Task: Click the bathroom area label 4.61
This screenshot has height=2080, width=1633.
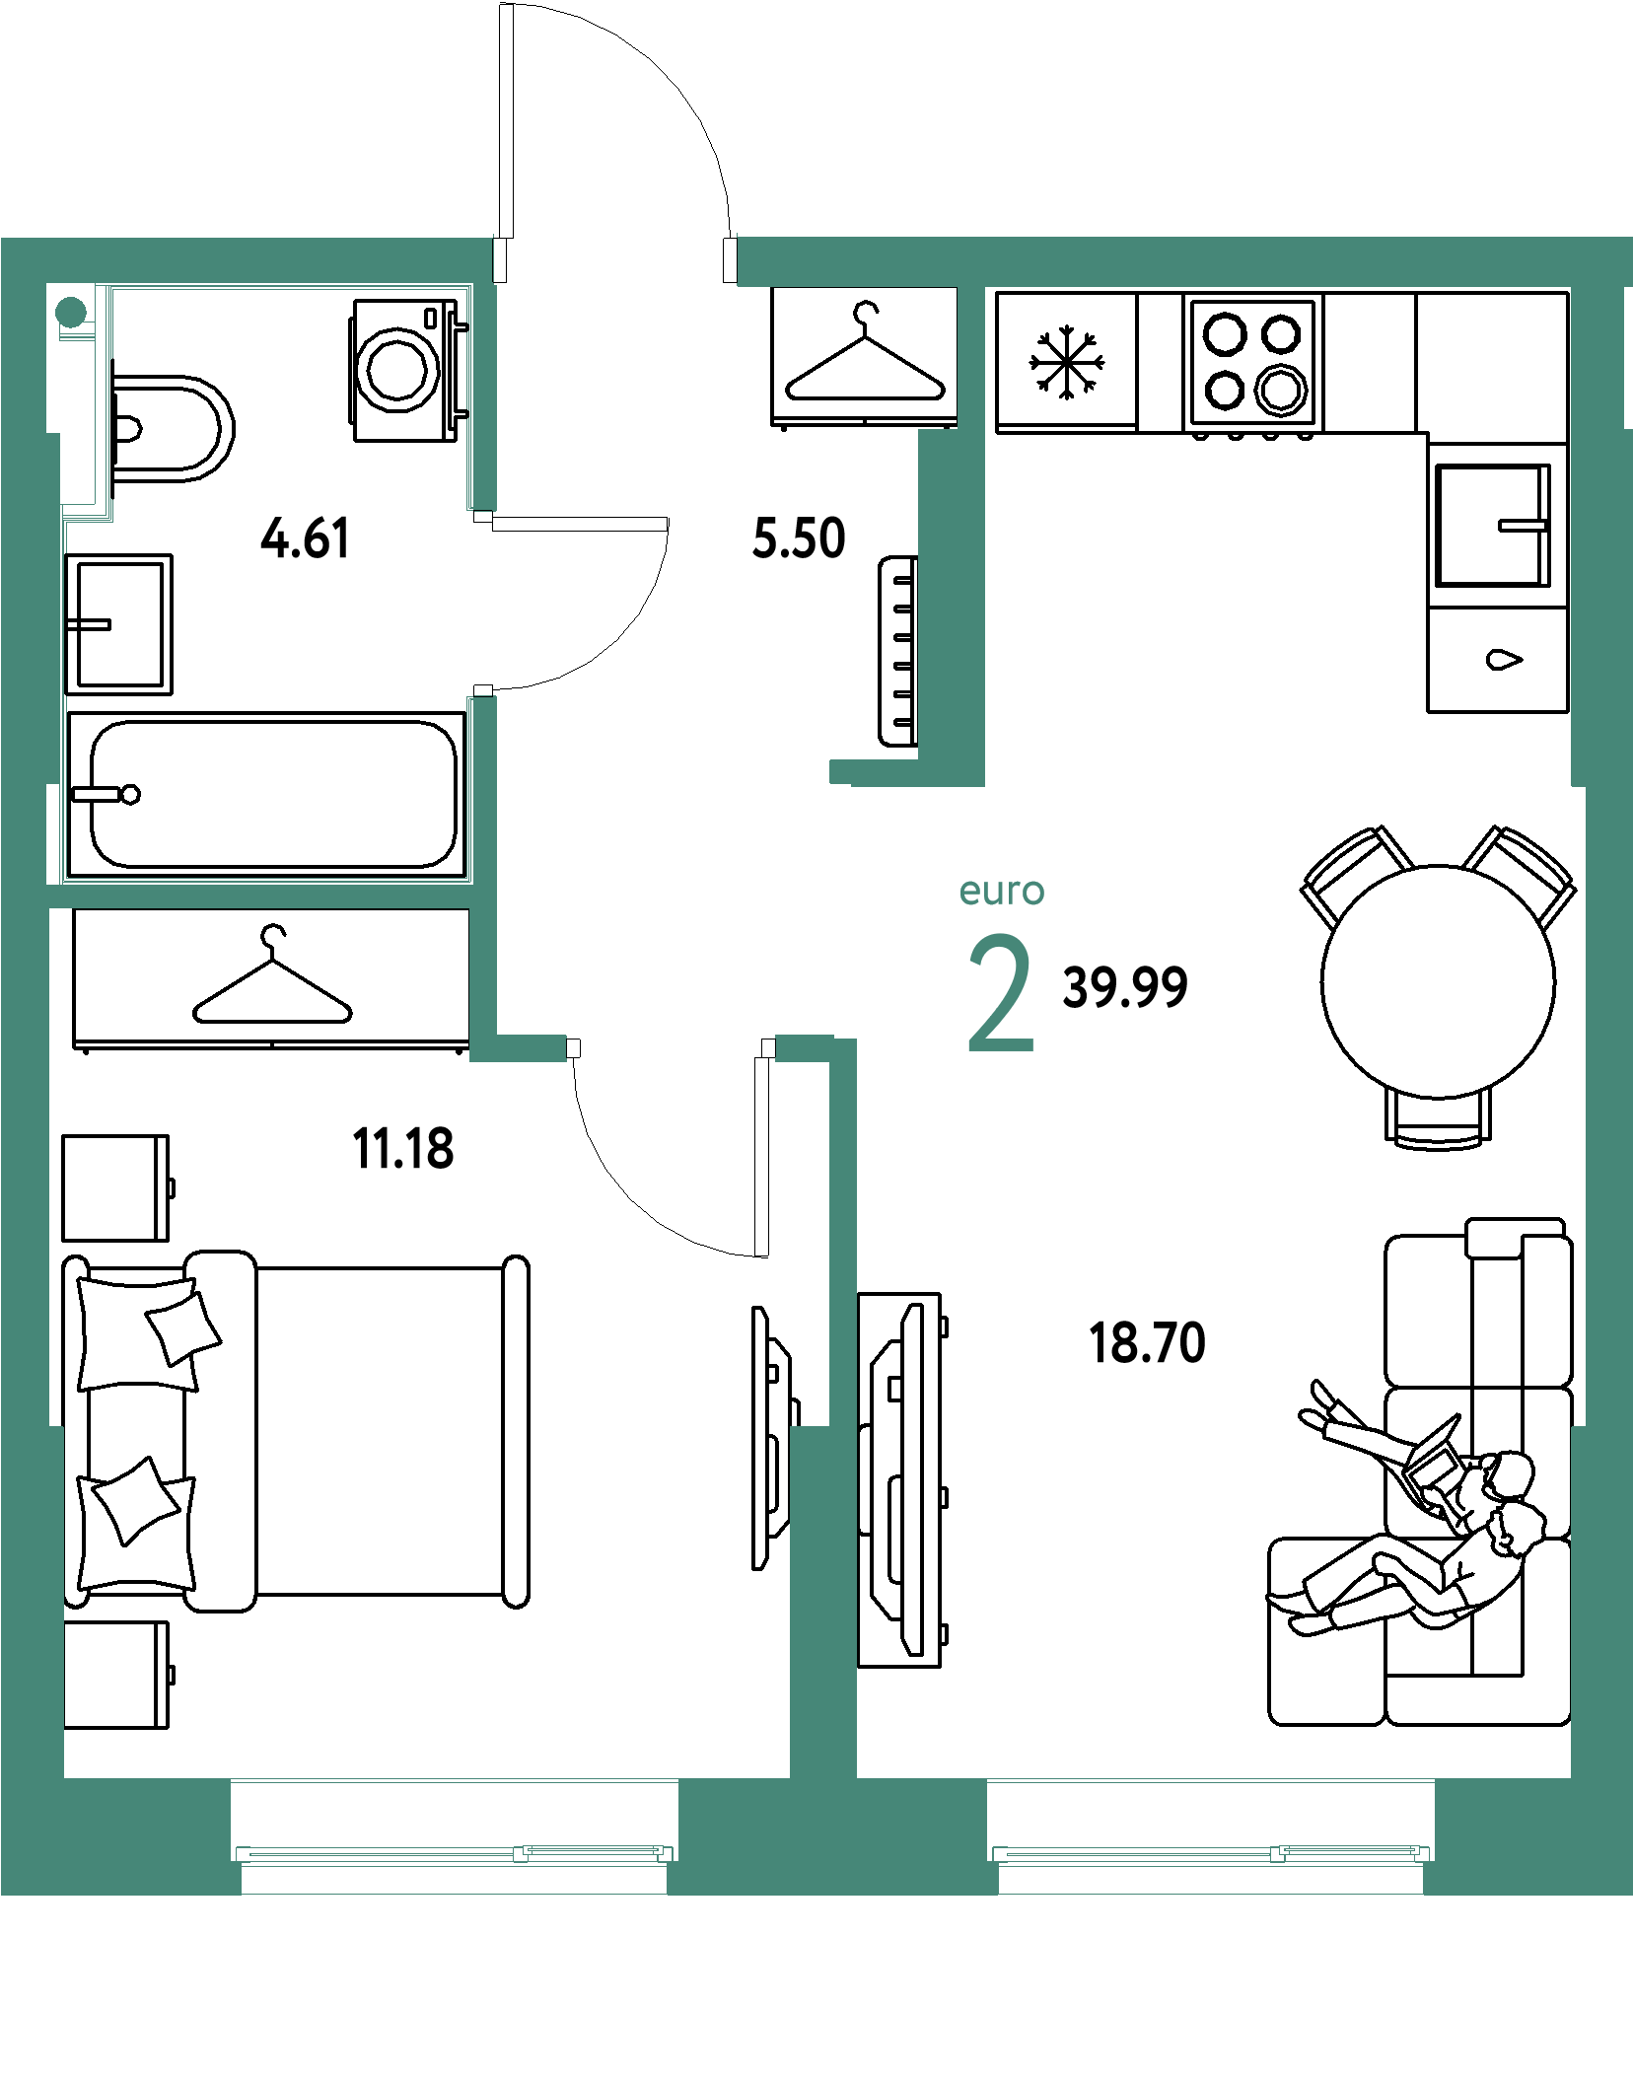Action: (x=305, y=538)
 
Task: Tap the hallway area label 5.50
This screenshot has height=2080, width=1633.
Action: (x=799, y=538)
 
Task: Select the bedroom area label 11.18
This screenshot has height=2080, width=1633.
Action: (x=403, y=1149)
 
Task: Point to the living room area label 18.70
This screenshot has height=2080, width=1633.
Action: (x=1147, y=1343)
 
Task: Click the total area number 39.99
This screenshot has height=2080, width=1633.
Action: (x=1125, y=987)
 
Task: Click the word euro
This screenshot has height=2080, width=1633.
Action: (x=1002, y=891)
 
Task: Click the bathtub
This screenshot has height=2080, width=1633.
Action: (x=266, y=795)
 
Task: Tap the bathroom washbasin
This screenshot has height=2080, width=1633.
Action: (x=118, y=624)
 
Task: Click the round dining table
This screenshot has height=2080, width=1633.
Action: (x=1438, y=981)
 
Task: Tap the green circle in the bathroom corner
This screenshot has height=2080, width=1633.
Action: (x=71, y=313)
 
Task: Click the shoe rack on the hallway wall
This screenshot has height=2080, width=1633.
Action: (x=897, y=651)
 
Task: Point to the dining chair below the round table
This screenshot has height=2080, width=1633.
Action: (x=1438, y=1120)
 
